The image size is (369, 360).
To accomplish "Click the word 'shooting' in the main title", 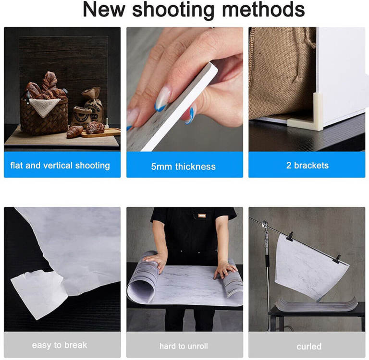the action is point(173,10).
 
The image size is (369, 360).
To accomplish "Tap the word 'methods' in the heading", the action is point(263,10).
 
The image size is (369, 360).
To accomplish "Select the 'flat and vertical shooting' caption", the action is point(60,165).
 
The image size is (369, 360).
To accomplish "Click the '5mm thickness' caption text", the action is point(184,167).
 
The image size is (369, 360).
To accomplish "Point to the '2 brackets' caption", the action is point(307,165).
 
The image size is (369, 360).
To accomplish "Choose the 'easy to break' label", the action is point(60,345).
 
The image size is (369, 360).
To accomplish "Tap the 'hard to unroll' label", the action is point(184,346).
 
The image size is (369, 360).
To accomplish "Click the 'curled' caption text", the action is point(309,347).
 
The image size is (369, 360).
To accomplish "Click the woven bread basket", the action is point(44,116).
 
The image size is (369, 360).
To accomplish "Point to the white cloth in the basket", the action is point(44,107).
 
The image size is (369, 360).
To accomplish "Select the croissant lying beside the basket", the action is point(74,132).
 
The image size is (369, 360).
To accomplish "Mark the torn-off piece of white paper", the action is point(39,293).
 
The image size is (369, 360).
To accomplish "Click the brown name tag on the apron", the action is point(202,216).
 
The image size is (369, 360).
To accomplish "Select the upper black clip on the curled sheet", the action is point(290,237).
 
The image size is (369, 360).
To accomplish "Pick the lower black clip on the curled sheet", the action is point(337,259).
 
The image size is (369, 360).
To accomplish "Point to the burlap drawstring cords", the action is point(308,40).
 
